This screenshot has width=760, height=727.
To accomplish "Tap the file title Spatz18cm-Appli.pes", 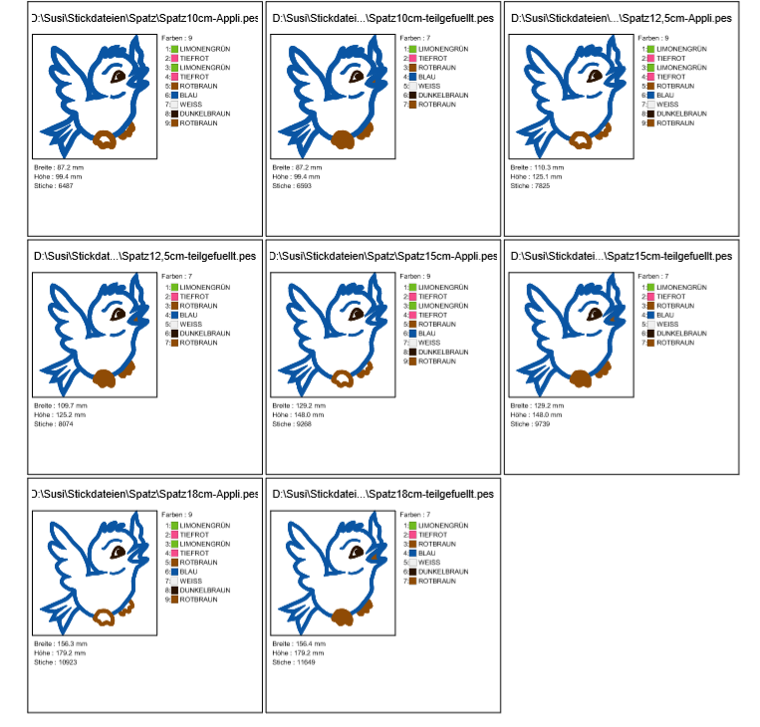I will pyautogui.click(x=143, y=494).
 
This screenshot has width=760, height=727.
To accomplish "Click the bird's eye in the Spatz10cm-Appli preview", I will pyautogui.click(x=119, y=76).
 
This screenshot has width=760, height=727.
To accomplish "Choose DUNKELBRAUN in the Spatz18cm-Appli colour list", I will pyautogui.click(x=204, y=590).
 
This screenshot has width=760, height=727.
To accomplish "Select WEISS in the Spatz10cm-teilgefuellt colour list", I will pyautogui.click(x=428, y=86).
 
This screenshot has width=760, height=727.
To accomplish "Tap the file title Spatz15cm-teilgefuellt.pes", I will pyautogui.click(x=622, y=256).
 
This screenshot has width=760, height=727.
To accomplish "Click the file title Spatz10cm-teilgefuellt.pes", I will pyautogui.click(x=382, y=18).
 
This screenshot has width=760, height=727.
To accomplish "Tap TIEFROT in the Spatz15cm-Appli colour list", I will pyautogui.click(x=431, y=296).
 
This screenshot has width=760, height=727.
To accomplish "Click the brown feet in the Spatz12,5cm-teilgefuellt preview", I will pyautogui.click(x=108, y=377).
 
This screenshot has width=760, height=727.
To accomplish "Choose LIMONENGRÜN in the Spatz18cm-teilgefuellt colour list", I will pyautogui.click(x=438, y=524).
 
